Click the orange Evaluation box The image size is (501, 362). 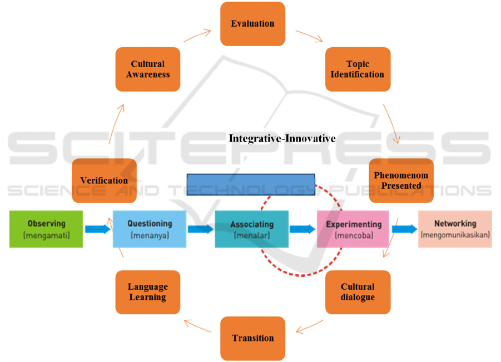click(x=252, y=24)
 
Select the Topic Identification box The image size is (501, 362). click(x=358, y=69)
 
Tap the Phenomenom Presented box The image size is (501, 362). click(x=401, y=180)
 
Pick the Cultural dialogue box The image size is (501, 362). click(x=358, y=292)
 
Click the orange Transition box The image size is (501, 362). click(x=252, y=338)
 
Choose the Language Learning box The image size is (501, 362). click(x=147, y=292)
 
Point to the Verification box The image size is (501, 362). click(x=104, y=180)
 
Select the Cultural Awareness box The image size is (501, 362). click(x=147, y=69)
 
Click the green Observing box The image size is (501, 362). click(x=46, y=229)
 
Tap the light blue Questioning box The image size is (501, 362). click(x=149, y=229)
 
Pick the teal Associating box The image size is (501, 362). click(x=251, y=229)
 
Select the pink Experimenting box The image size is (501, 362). click(x=353, y=229)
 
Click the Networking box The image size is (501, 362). click(x=455, y=229)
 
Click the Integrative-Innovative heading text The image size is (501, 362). click(x=282, y=139)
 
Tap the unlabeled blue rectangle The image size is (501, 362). click(x=251, y=184)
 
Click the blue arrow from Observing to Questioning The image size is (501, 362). click(x=97, y=229)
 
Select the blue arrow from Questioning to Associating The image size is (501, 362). click(x=200, y=229)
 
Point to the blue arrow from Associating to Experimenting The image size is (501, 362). click(x=302, y=229)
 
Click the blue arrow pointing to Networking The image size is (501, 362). click(x=404, y=229)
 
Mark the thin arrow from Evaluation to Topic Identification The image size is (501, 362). click(x=309, y=36)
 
